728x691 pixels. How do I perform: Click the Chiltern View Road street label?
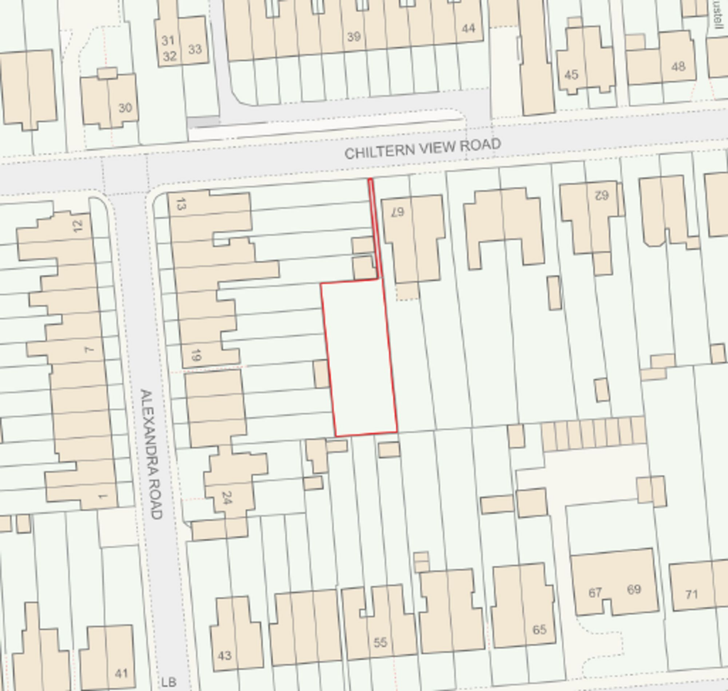[x=422, y=148]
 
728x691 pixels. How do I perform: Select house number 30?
[x=125, y=108]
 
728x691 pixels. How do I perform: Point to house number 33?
[x=194, y=49]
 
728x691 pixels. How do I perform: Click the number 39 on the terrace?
[x=353, y=36]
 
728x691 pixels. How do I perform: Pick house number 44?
[x=467, y=28]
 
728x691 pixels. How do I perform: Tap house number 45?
[x=571, y=75]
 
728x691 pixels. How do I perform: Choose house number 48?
[x=678, y=66]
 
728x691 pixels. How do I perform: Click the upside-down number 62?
[x=601, y=194]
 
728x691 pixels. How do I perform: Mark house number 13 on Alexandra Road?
[x=180, y=204]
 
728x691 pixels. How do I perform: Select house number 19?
[x=196, y=355]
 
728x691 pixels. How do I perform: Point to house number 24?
[x=227, y=497]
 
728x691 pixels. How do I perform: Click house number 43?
[x=224, y=655]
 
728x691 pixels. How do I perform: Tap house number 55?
[x=380, y=642]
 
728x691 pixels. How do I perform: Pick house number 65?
[x=539, y=629]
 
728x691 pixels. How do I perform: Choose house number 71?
[x=691, y=594]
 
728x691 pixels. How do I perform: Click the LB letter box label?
[x=168, y=682]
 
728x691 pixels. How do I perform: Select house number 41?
[x=121, y=673]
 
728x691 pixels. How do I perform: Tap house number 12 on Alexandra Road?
[x=77, y=225]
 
